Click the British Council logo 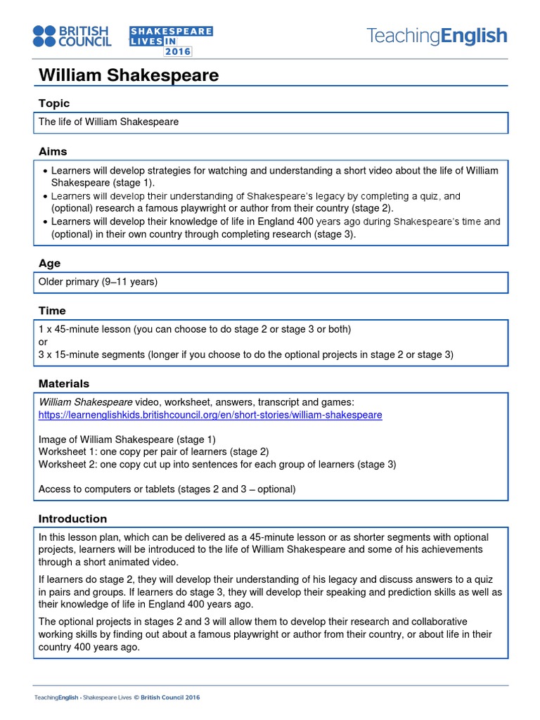[72, 37]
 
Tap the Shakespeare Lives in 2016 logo [171, 41]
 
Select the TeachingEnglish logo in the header [437, 36]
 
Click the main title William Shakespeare [128, 75]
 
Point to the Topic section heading [54, 103]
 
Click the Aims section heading [53, 151]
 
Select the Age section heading [49, 263]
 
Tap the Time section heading [52, 310]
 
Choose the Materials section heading [64, 383]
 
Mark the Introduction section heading [72, 518]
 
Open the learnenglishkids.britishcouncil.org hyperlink [210, 415]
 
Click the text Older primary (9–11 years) [98, 282]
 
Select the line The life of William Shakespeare [108, 122]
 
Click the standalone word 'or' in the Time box [43, 342]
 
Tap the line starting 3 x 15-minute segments [246, 354]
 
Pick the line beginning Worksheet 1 [153, 451]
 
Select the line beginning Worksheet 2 [217, 464]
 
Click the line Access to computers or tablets [167, 489]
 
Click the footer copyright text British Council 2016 [170, 697]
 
